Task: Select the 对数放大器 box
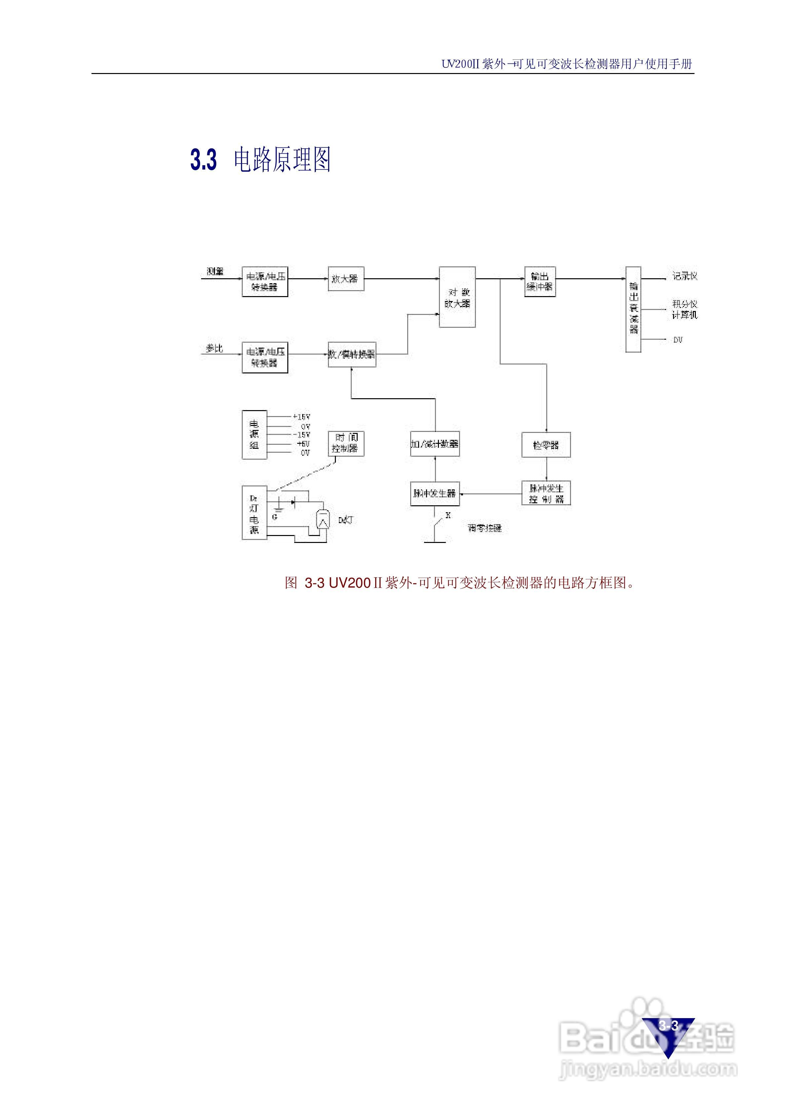coord(457,297)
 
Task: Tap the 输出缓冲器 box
coord(540,282)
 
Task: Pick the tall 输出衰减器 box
coord(633,309)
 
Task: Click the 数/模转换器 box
coord(352,354)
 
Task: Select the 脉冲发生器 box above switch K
coord(435,493)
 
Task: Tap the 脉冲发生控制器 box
coord(546,493)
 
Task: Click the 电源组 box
coord(254,435)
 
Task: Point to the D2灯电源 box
coord(254,513)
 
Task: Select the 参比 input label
coord(214,348)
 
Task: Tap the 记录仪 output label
coord(684,276)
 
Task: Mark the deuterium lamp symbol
coord(323,520)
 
